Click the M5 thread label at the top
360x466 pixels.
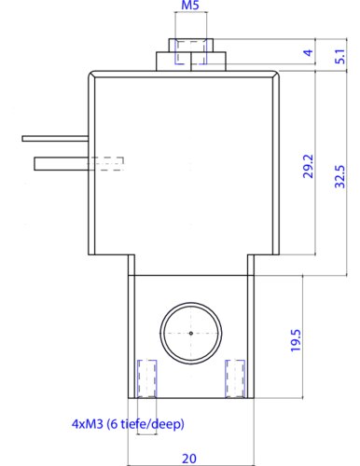coord(190,6)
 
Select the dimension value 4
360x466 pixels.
coord(308,52)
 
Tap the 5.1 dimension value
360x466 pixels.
coord(340,56)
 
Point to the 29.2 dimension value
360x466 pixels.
coord(308,166)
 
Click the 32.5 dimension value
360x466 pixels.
coord(340,176)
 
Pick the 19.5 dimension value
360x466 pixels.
coord(296,340)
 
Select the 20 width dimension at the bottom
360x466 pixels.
coord(189,459)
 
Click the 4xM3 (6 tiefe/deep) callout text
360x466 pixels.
coord(128,424)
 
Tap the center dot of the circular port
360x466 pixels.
coord(191,334)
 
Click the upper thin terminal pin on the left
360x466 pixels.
coord(55,139)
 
